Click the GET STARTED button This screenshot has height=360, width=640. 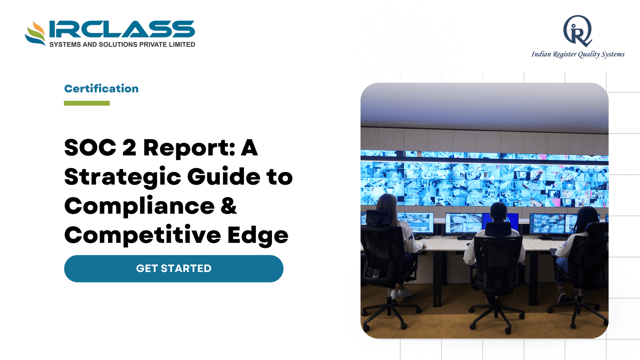click(x=174, y=268)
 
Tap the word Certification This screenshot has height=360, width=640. click(x=101, y=88)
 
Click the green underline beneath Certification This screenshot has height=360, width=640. click(x=87, y=103)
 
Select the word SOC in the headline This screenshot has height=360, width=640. click(x=90, y=148)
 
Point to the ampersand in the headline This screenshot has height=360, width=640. click(x=228, y=205)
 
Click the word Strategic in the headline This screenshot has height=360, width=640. click(x=122, y=178)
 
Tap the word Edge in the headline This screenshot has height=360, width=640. click(x=258, y=236)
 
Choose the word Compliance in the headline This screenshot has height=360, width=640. click(x=140, y=207)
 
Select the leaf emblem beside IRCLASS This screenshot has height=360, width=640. click(x=35, y=34)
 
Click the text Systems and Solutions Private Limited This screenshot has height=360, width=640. click(x=122, y=44)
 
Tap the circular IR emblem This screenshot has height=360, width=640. click(x=578, y=31)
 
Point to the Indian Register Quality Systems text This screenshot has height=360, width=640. click(x=578, y=54)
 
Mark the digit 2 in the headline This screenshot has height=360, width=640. click(x=129, y=148)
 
